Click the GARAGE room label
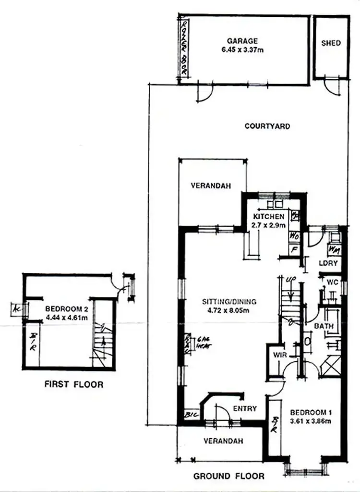242,41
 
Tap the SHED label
331,43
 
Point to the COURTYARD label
267,126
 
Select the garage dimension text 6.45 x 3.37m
242,49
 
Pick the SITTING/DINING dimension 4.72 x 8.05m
229,310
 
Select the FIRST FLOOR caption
73,384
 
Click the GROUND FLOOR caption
228,476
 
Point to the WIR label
279,355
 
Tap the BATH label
324,326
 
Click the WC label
332,282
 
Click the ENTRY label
245,408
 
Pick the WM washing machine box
334,250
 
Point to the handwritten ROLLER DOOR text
183,47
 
